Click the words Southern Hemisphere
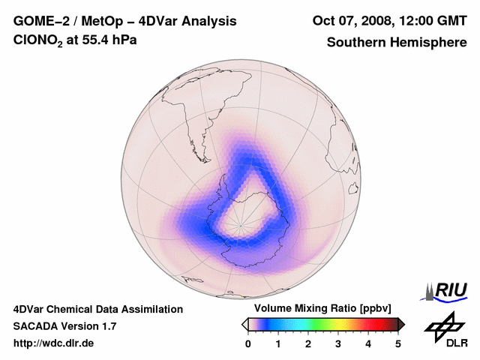coord(397,42)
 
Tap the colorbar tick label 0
coord(248,343)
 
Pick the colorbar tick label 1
coord(278,343)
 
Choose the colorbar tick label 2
coord(308,343)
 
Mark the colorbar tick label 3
coord(338,343)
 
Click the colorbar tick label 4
coord(368,343)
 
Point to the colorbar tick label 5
coord(398,343)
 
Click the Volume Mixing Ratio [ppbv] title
coord(322,308)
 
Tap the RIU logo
coord(445,290)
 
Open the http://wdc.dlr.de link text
coord(54,343)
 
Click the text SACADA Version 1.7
coord(64,326)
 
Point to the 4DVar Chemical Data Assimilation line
coord(97,309)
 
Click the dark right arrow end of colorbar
coord(401,324)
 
